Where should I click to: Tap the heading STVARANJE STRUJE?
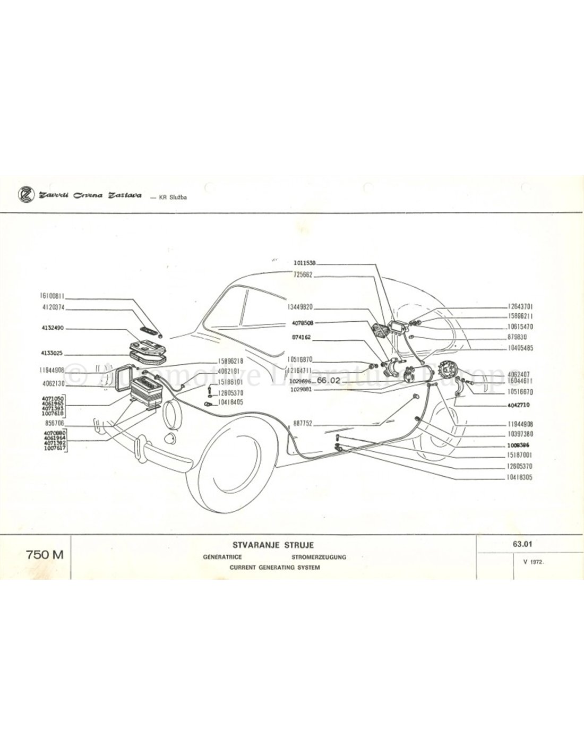tap(273, 545)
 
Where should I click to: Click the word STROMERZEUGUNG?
tap(319, 557)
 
